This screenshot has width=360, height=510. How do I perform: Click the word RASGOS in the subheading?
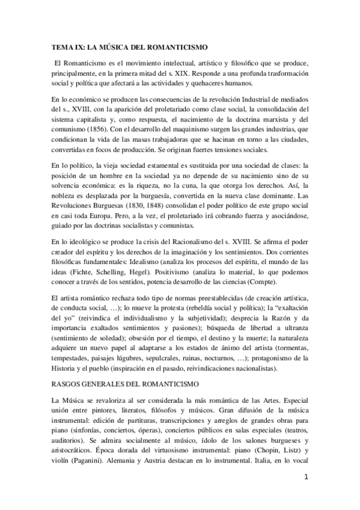pyautogui.click(x=67, y=382)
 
